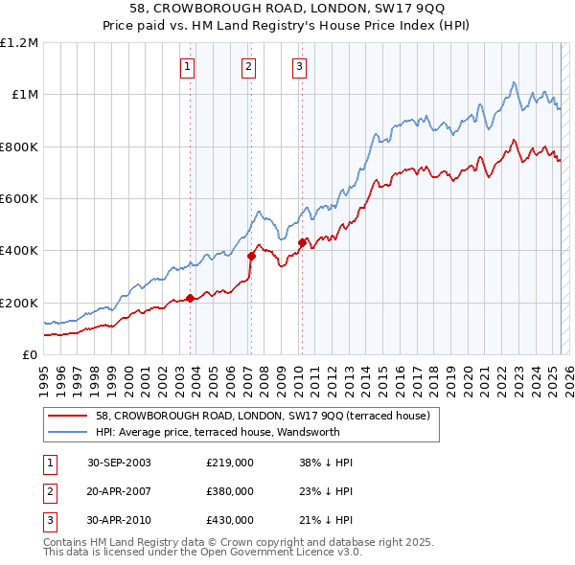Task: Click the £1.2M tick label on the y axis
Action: pos(19,43)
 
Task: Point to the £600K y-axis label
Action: pos(19,199)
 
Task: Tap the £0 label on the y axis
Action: pos(29,355)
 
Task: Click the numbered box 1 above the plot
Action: pos(187,67)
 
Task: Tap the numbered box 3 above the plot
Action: pos(299,67)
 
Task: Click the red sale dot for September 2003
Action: pos(191,298)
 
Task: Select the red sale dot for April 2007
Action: pos(251,256)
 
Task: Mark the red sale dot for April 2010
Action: pos(302,243)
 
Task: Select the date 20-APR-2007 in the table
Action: pos(119,491)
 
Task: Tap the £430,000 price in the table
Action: pos(230,520)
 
